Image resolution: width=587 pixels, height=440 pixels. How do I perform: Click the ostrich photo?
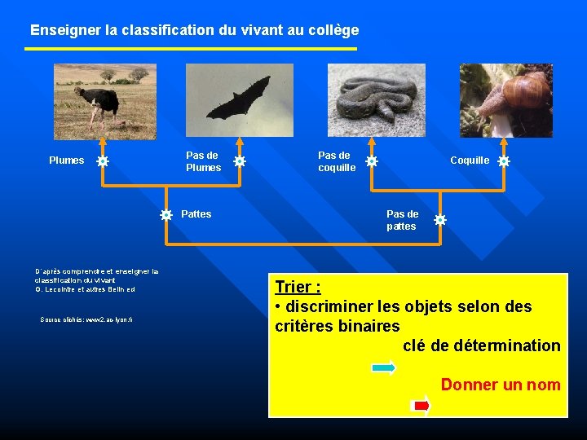point(105,101)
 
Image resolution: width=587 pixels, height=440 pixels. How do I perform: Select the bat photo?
point(239,101)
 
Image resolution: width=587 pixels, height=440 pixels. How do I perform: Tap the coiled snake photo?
point(376,101)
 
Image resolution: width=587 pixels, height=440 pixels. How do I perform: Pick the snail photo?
point(505,101)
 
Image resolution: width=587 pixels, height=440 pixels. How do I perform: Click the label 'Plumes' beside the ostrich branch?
point(66,161)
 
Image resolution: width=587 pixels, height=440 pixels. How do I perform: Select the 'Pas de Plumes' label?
point(203,161)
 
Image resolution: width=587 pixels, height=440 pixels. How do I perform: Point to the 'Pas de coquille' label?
point(337,161)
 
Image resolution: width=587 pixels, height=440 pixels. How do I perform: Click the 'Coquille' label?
point(470,161)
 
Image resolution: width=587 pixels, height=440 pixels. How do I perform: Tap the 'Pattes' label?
point(196,214)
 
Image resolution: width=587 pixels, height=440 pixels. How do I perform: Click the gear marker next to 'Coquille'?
point(504,161)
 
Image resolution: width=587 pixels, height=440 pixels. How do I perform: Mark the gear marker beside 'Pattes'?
point(166,215)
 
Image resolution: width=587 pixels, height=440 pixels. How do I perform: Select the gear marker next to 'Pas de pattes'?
point(440,220)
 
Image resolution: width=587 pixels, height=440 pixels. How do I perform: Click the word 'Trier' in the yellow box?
point(296,287)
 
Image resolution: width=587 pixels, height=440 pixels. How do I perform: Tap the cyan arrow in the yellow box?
point(383,368)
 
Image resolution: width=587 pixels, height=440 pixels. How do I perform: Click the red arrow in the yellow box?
point(421,404)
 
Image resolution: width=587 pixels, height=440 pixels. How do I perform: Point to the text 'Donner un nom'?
point(501,385)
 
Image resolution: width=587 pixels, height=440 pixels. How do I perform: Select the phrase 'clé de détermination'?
point(482,345)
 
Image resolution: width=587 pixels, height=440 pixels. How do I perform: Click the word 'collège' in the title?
point(330,30)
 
